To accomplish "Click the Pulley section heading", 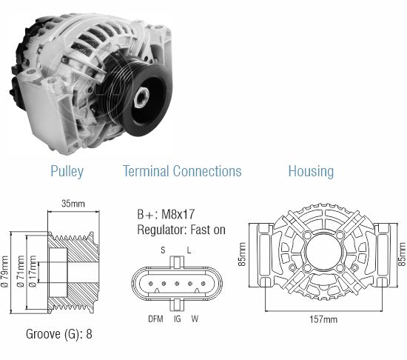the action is [67, 171].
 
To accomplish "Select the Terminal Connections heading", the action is [182, 171].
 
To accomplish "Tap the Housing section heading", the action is [312, 171].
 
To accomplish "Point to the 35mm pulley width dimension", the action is [73, 204].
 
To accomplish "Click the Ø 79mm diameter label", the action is [5, 271].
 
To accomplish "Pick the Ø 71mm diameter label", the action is [21, 271].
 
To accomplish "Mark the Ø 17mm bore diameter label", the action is [33, 271].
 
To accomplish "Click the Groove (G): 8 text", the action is [59, 334].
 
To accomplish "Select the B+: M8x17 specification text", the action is [166, 214].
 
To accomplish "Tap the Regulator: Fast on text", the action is [181, 230].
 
